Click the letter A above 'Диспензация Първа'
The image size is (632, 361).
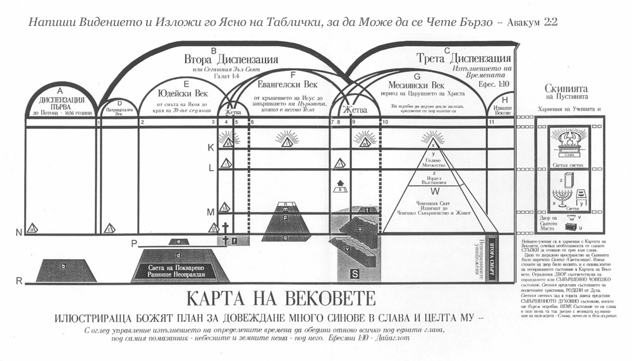tap(61, 90)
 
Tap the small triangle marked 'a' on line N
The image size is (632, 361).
tap(32, 228)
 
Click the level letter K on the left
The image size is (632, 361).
tap(211, 147)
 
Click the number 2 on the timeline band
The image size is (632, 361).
tap(143, 122)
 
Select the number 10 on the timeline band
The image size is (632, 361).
tap(385, 122)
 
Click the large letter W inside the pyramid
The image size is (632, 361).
tap(434, 190)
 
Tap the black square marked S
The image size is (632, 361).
tap(355, 273)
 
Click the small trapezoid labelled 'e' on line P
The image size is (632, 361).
tap(179, 242)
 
